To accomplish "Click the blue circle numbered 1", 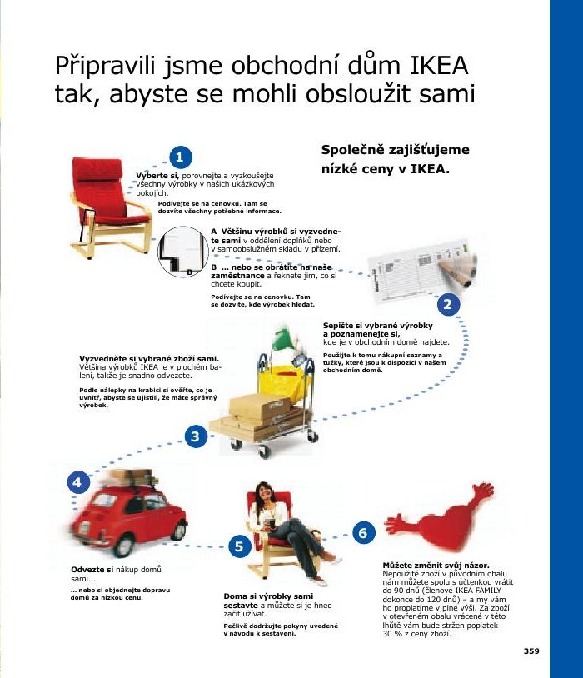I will point(180,157).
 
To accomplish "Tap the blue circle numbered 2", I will point(448,304).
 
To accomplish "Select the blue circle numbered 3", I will point(195,436).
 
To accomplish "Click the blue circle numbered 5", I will point(239,546).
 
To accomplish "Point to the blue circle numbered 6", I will point(361,531).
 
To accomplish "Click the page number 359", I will point(531,651).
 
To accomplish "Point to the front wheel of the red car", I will point(123,543).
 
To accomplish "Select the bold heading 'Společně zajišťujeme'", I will point(395,150).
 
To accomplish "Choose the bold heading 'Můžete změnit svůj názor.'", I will point(435,566).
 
